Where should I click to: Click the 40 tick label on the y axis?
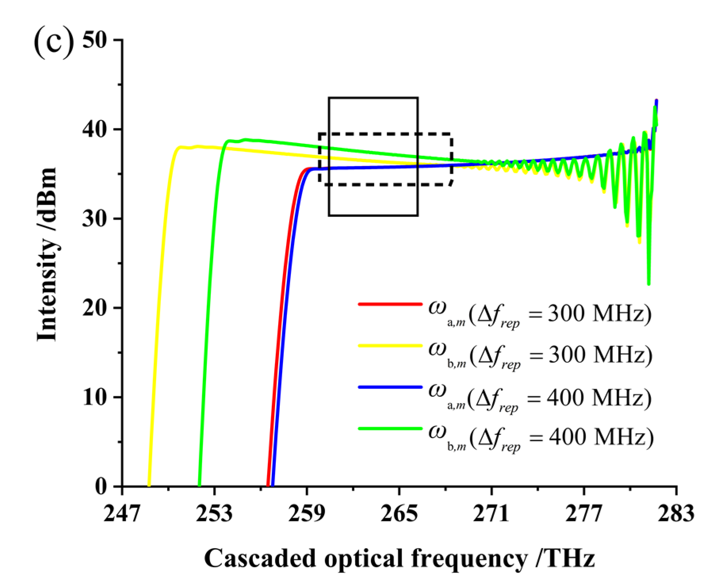(x=95, y=130)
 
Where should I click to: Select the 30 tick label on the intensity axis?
(x=95, y=219)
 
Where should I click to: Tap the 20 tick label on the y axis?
(x=95, y=308)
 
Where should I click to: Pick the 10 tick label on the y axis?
(x=95, y=397)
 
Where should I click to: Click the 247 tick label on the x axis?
(x=122, y=514)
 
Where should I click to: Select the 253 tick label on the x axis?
(x=214, y=514)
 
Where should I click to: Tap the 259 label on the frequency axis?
(x=306, y=514)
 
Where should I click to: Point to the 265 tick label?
(x=399, y=514)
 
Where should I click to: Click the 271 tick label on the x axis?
(x=491, y=514)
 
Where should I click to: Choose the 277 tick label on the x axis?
(x=584, y=514)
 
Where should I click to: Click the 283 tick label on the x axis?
(x=676, y=514)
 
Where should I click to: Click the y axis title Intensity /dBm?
(x=47, y=254)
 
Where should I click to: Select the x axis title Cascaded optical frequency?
(x=399, y=558)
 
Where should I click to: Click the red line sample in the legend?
(x=390, y=304)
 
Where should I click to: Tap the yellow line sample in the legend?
(x=390, y=346)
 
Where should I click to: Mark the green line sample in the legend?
(x=390, y=428)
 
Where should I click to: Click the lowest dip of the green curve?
(x=649, y=284)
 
